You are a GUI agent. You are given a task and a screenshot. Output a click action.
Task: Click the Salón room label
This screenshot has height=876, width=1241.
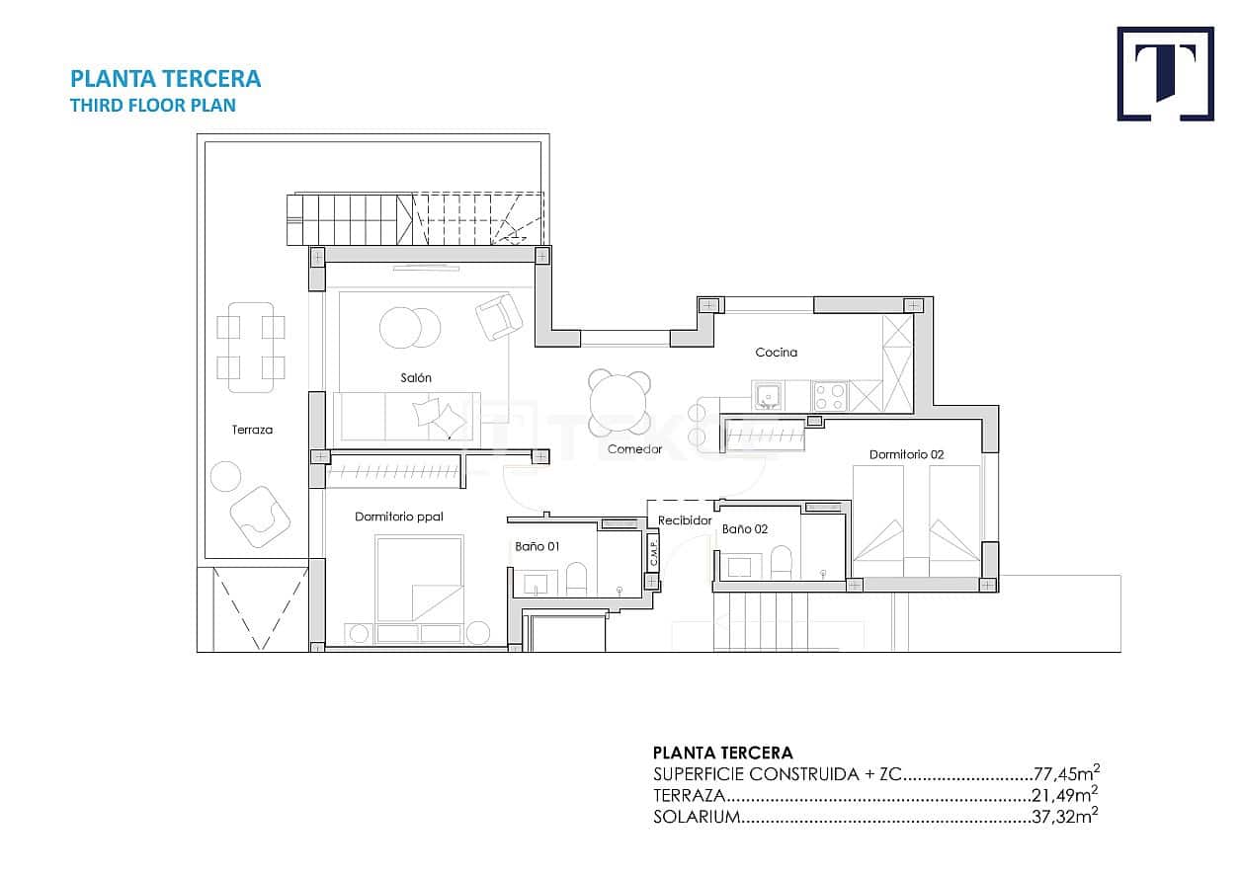pos(415,377)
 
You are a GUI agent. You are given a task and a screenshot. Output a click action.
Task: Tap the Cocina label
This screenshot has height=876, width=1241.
pos(776,352)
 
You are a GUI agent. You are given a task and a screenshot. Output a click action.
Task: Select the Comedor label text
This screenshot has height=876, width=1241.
pos(634,449)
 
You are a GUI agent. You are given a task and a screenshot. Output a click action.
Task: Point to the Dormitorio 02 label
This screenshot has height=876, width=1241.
pos(906,454)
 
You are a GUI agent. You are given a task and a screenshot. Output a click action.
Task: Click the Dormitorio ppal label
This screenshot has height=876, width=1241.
pos(399,517)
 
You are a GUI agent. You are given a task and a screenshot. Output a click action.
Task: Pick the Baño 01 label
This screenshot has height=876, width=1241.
pos(537,545)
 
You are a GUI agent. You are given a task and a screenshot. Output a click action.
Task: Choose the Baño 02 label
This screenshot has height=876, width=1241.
pos(744,529)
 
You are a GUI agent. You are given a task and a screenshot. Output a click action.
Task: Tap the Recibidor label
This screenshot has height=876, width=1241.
pos(685,520)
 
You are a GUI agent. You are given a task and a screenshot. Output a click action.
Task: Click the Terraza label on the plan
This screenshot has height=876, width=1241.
pos(252,430)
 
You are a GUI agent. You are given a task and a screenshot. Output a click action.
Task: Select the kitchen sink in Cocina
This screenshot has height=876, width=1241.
pos(768,397)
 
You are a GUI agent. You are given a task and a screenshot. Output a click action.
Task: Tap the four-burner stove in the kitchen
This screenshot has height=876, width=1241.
pos(829,396)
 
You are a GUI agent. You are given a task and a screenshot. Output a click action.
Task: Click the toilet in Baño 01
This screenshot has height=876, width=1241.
pos(576,580)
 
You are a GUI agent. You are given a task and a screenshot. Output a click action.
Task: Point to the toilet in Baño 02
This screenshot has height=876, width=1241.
pos(782,565)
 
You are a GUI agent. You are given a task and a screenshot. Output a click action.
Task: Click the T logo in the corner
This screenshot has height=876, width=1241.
pos(1165,74)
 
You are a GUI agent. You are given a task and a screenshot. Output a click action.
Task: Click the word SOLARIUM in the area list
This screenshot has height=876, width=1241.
pos(696,817)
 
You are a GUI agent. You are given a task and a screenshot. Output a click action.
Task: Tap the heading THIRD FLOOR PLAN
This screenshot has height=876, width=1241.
pos(153,105)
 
